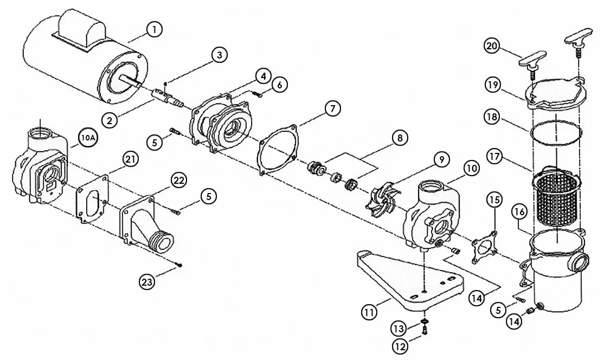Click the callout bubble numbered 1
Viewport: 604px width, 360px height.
pos(154,29)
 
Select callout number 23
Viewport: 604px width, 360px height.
pos(147,282)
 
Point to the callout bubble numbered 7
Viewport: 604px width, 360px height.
pos(333,108)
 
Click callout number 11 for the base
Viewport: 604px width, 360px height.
pos(369,312)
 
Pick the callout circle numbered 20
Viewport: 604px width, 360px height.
pos(492,46)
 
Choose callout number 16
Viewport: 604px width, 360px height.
pos(519,212)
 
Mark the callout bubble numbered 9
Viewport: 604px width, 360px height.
pos(442,159)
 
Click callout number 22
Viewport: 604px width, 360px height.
pos(179,180)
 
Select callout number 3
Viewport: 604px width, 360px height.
pos(219,55)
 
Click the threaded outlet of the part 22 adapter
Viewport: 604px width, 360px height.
pos(161,241)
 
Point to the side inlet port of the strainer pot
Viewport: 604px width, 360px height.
pos(579,263)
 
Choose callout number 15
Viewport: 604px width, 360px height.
pos(494,200)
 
